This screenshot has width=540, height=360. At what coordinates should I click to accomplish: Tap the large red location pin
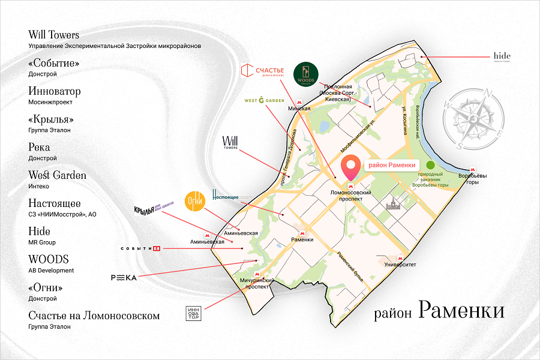[350, 166]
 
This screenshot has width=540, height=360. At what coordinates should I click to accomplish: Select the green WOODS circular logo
[305, 76]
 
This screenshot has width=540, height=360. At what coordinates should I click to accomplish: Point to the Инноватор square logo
[194, 314]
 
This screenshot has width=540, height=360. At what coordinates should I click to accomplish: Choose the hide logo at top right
[502, 56]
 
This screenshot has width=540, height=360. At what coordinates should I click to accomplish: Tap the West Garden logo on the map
[264, 100]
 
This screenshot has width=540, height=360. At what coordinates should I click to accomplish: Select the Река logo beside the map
[124, 277]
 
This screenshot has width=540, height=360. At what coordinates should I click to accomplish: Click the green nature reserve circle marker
[430, 166]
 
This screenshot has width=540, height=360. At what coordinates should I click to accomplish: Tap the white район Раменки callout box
[391, 166]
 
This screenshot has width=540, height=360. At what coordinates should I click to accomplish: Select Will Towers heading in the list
[54, 35]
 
